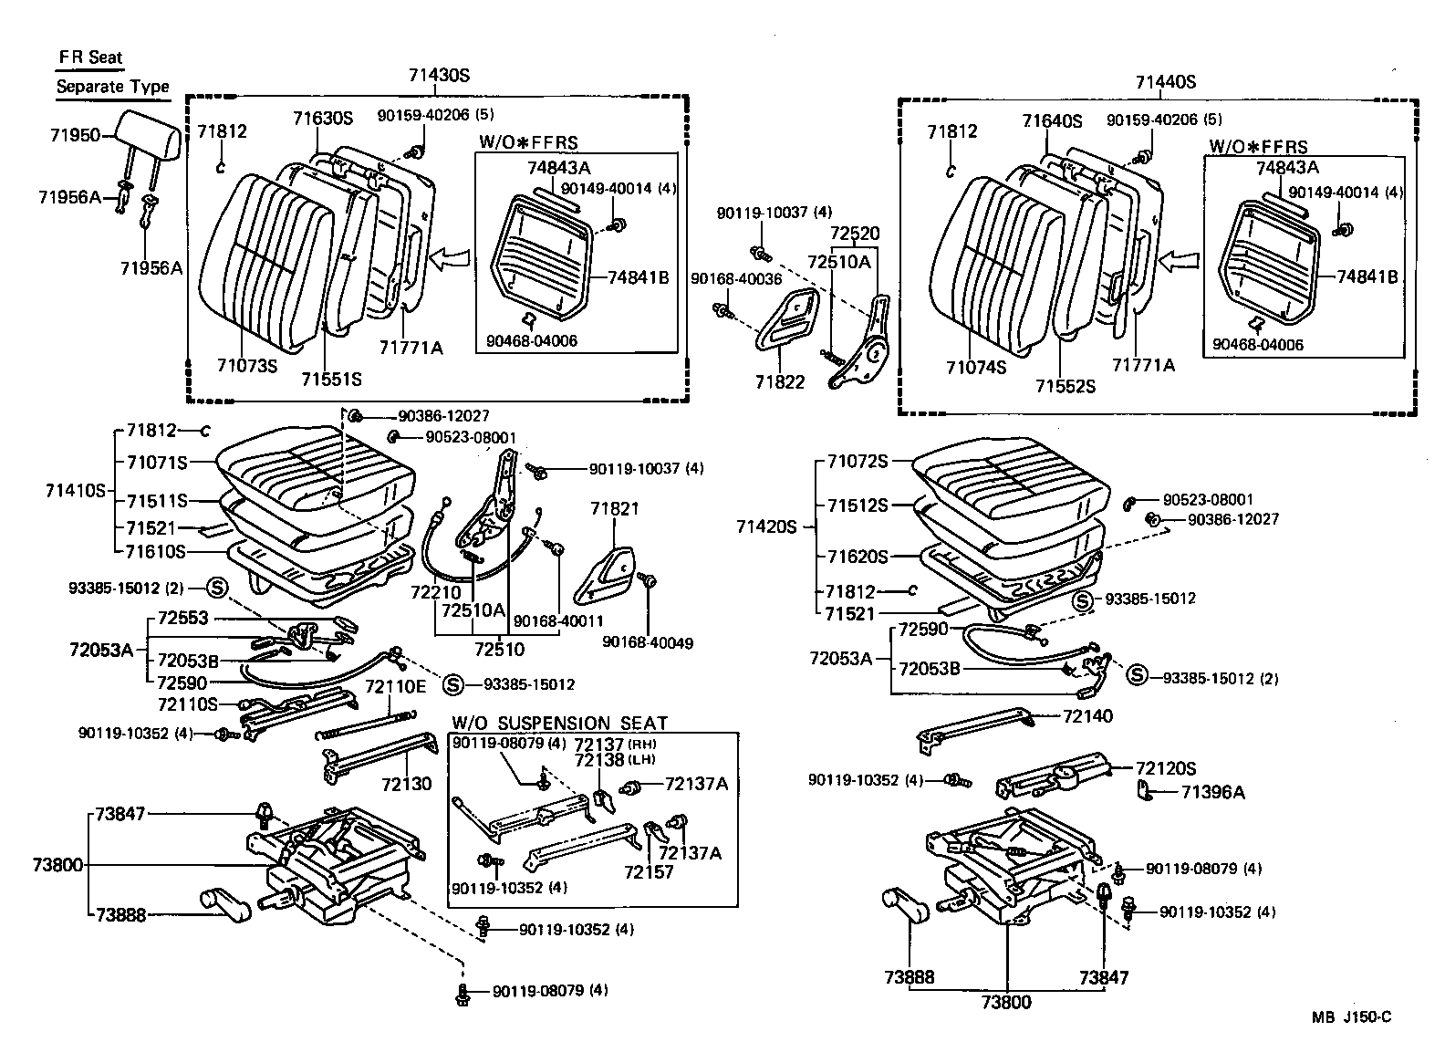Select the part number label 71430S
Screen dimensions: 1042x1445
(x=439, y=77)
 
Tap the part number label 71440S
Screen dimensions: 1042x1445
(x=1165, y=82)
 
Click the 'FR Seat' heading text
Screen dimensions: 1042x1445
(x=90, y=57)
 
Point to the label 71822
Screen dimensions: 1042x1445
(x=780, y=381)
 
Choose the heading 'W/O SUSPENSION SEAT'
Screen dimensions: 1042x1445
(x=559, y=722)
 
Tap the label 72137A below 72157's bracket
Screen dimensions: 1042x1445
(x=690, y=852)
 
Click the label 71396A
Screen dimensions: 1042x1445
(x=1212, y=791)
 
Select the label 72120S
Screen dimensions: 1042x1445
(x=1165, y=768)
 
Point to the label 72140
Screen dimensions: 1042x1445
(x=1087, y=716)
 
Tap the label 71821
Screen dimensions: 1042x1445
(x=615, y=508)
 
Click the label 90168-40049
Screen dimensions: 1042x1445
(x=648, y=643)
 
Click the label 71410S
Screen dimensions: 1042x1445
(x=76, y=491)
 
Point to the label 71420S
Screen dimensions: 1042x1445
(x=767, y=526)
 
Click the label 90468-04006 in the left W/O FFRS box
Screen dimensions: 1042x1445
(x=532, y=341)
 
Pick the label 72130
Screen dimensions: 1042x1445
(x=406, y=784)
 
